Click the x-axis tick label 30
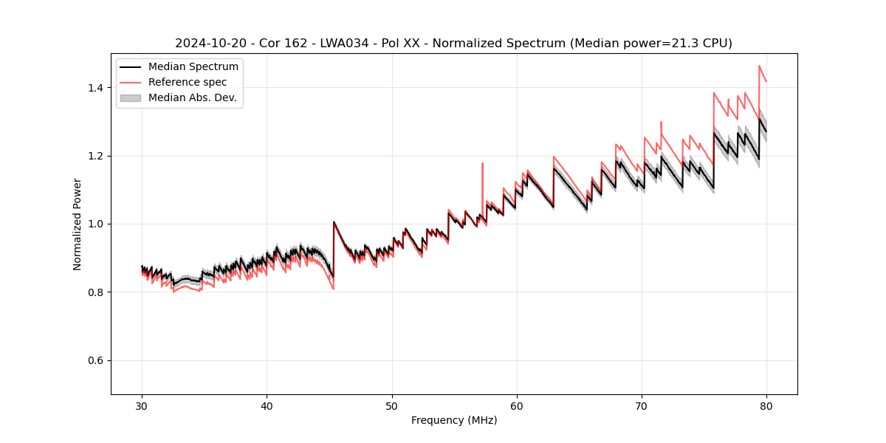[142, 405]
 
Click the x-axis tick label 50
[392, 405]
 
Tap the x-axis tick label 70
[642, 405]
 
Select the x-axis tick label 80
[766, 405]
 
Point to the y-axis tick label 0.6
[95, 360]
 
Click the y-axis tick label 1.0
[95, 224]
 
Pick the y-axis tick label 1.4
[95, 88]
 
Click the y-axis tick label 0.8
[95, 292]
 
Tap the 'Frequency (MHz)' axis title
[454, 420]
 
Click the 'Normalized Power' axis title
[78, 224]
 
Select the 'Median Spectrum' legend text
[193, 67]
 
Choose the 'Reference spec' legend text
[188, 83]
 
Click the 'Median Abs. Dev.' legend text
[193, 97]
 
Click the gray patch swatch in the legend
[131, 97]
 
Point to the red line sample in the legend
[131, 83]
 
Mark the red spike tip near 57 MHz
[482, 163]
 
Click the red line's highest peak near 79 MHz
[759, 66]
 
